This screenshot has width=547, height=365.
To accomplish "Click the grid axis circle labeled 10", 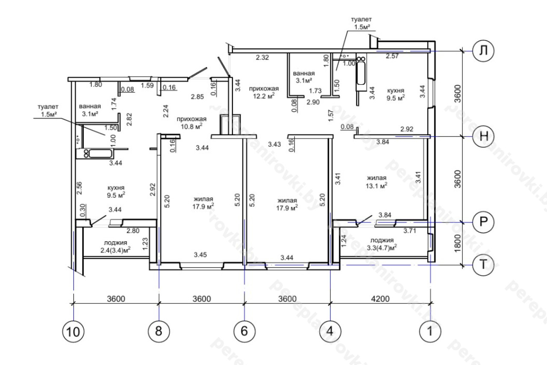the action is [73, 332].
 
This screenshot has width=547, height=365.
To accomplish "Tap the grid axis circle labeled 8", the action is [159, 331].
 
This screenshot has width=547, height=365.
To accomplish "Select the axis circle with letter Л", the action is [483, 51].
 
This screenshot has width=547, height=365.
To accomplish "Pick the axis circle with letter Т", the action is [483, 265].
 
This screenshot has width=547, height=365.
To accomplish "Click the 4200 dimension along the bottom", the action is [380, 299].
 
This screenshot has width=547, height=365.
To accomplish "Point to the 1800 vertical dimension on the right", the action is [458, 243].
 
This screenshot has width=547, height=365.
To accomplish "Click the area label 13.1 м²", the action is [376, 186].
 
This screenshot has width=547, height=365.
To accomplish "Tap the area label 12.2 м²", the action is [264, 96].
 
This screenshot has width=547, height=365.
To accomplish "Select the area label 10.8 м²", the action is [191, 126].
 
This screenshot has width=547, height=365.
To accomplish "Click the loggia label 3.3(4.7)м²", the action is [382, 248].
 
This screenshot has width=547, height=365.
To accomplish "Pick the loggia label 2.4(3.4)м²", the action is [115, 250].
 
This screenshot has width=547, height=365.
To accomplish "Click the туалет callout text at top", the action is [362, 23].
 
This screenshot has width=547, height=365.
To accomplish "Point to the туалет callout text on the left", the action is [48, 110].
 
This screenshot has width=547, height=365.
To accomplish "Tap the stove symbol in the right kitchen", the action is [361, 59].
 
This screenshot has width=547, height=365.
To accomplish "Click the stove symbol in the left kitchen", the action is [86, 154].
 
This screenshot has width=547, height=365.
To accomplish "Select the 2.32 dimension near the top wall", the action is [262, 57].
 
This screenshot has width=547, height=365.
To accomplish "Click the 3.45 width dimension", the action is [200, 255].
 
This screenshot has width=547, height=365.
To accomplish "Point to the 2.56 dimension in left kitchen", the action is [79, 188].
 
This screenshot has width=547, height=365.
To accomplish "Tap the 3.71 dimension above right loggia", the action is [409, 231].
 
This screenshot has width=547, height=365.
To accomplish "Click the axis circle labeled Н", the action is [483, 136].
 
